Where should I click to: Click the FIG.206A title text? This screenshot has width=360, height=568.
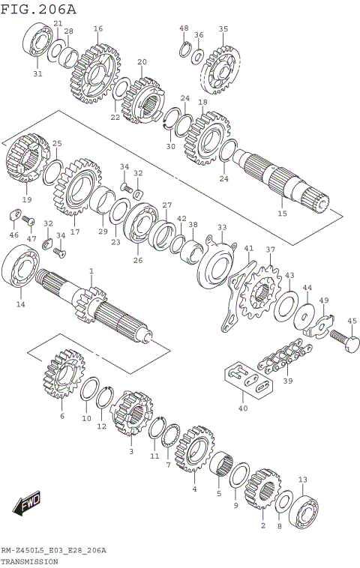click(x=38, y=9)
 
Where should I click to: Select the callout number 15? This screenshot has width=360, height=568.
click(x=282, y=214)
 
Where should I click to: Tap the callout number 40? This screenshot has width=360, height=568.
click(x=241, y=408)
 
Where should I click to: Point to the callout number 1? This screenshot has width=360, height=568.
click(x=91, y=271)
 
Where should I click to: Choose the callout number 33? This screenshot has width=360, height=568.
click(x=221, y=227)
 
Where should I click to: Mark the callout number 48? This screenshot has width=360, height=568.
click(x=184, y=28)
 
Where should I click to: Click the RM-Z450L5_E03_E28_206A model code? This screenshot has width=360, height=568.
click(x=53, y=551)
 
